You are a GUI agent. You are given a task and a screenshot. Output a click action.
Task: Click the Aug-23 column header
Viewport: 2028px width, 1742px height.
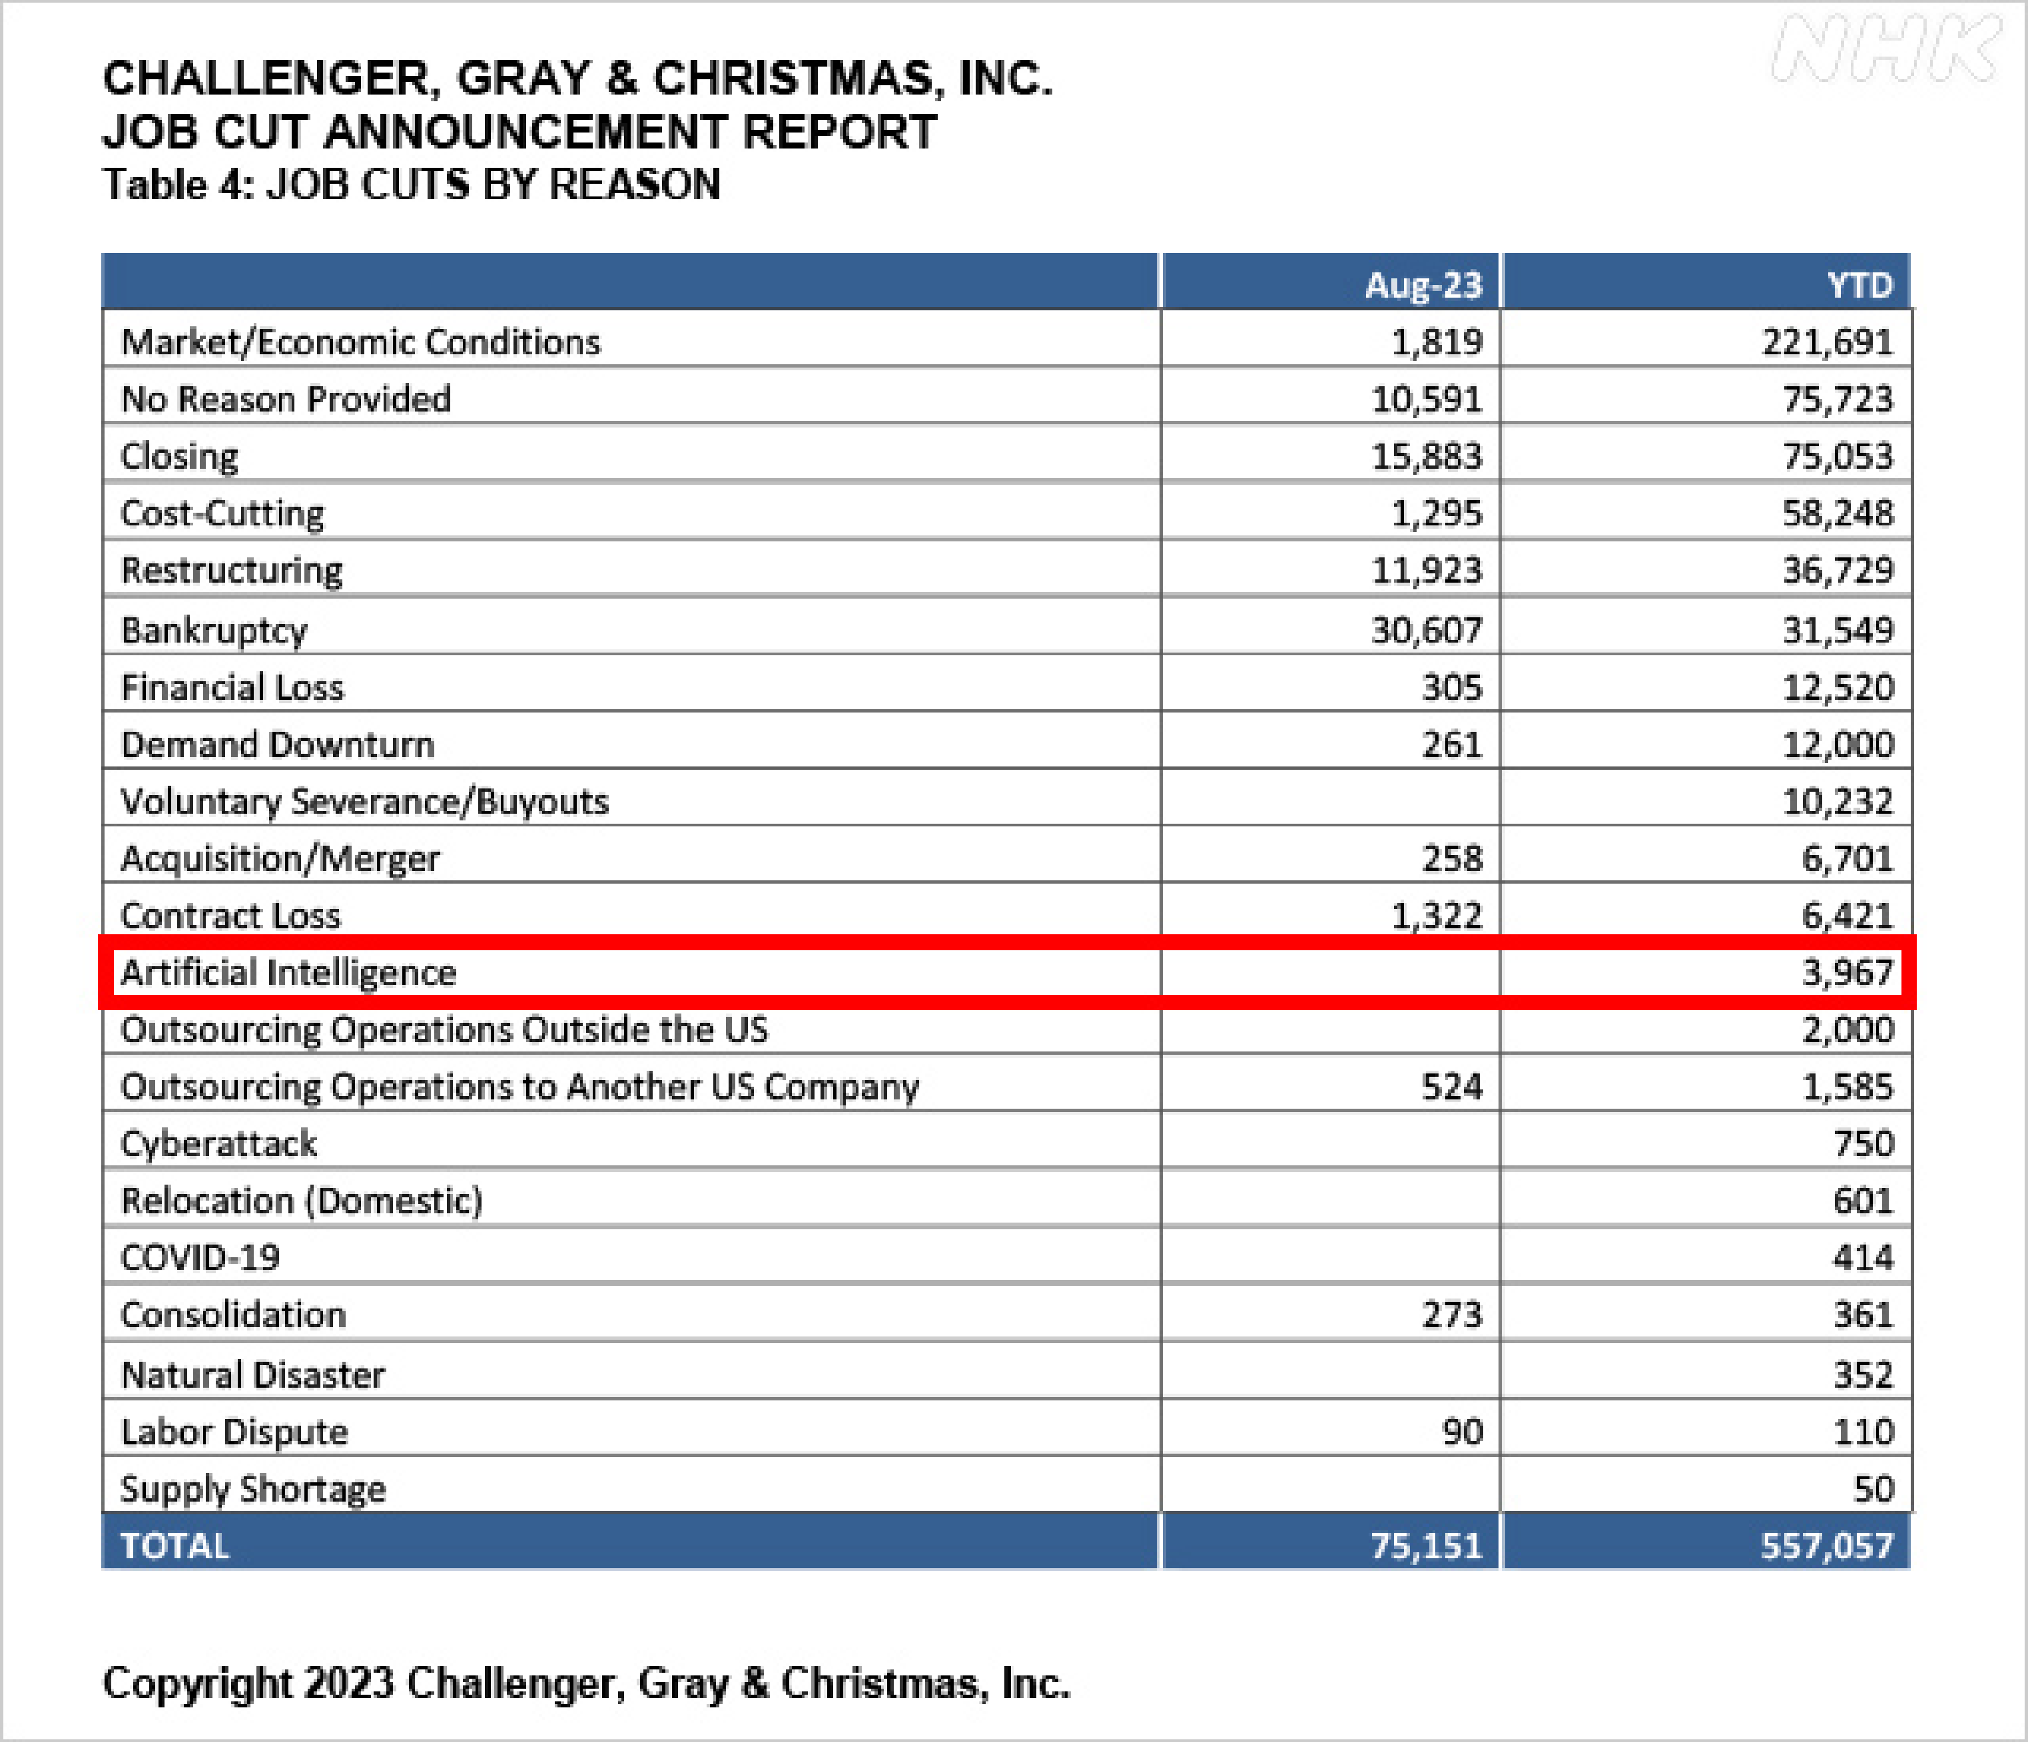click(x=1423, y=285)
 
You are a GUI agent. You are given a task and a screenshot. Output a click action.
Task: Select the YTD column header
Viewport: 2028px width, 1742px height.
click(x=1859, y=285)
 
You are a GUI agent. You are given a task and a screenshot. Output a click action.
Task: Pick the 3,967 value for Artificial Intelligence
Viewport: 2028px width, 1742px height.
click(x=1848, y=973)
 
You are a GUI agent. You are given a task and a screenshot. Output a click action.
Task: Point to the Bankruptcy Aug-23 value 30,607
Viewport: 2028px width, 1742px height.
click(x=1427, y=630)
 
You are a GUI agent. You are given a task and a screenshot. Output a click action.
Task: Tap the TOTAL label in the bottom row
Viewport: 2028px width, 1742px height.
click(x=175, y=1546)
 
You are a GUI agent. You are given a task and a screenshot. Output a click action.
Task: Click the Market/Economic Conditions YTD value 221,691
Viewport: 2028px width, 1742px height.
click(x=1828, y=342)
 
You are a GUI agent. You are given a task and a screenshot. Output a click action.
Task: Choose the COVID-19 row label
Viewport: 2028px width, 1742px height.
click(x=200, y=1258)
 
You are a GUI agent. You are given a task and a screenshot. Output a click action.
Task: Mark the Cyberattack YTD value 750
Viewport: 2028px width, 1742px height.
click(x=1863, y=1144)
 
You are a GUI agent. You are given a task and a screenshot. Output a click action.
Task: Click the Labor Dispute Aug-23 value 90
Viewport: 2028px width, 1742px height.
click(x=1463, y=1432)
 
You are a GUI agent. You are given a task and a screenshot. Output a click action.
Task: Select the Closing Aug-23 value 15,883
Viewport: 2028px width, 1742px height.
click(x=1427, y=457)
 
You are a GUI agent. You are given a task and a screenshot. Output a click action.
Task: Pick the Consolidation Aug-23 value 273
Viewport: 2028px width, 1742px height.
click(x=1453, y=1314)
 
